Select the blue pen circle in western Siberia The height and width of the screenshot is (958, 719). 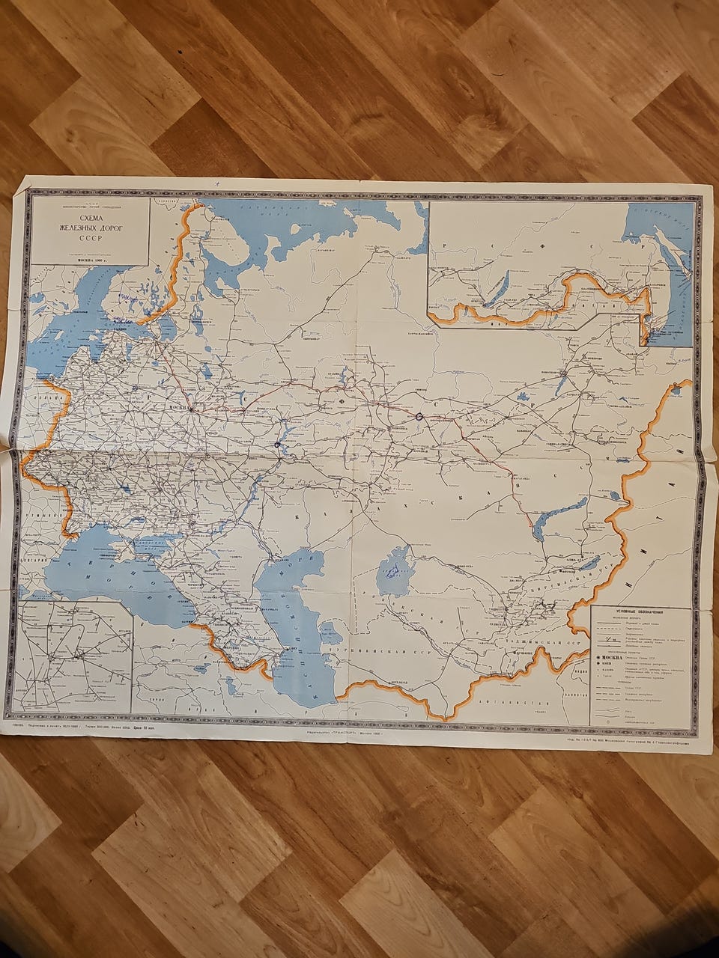pyautogui.click(x=419, y=416)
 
